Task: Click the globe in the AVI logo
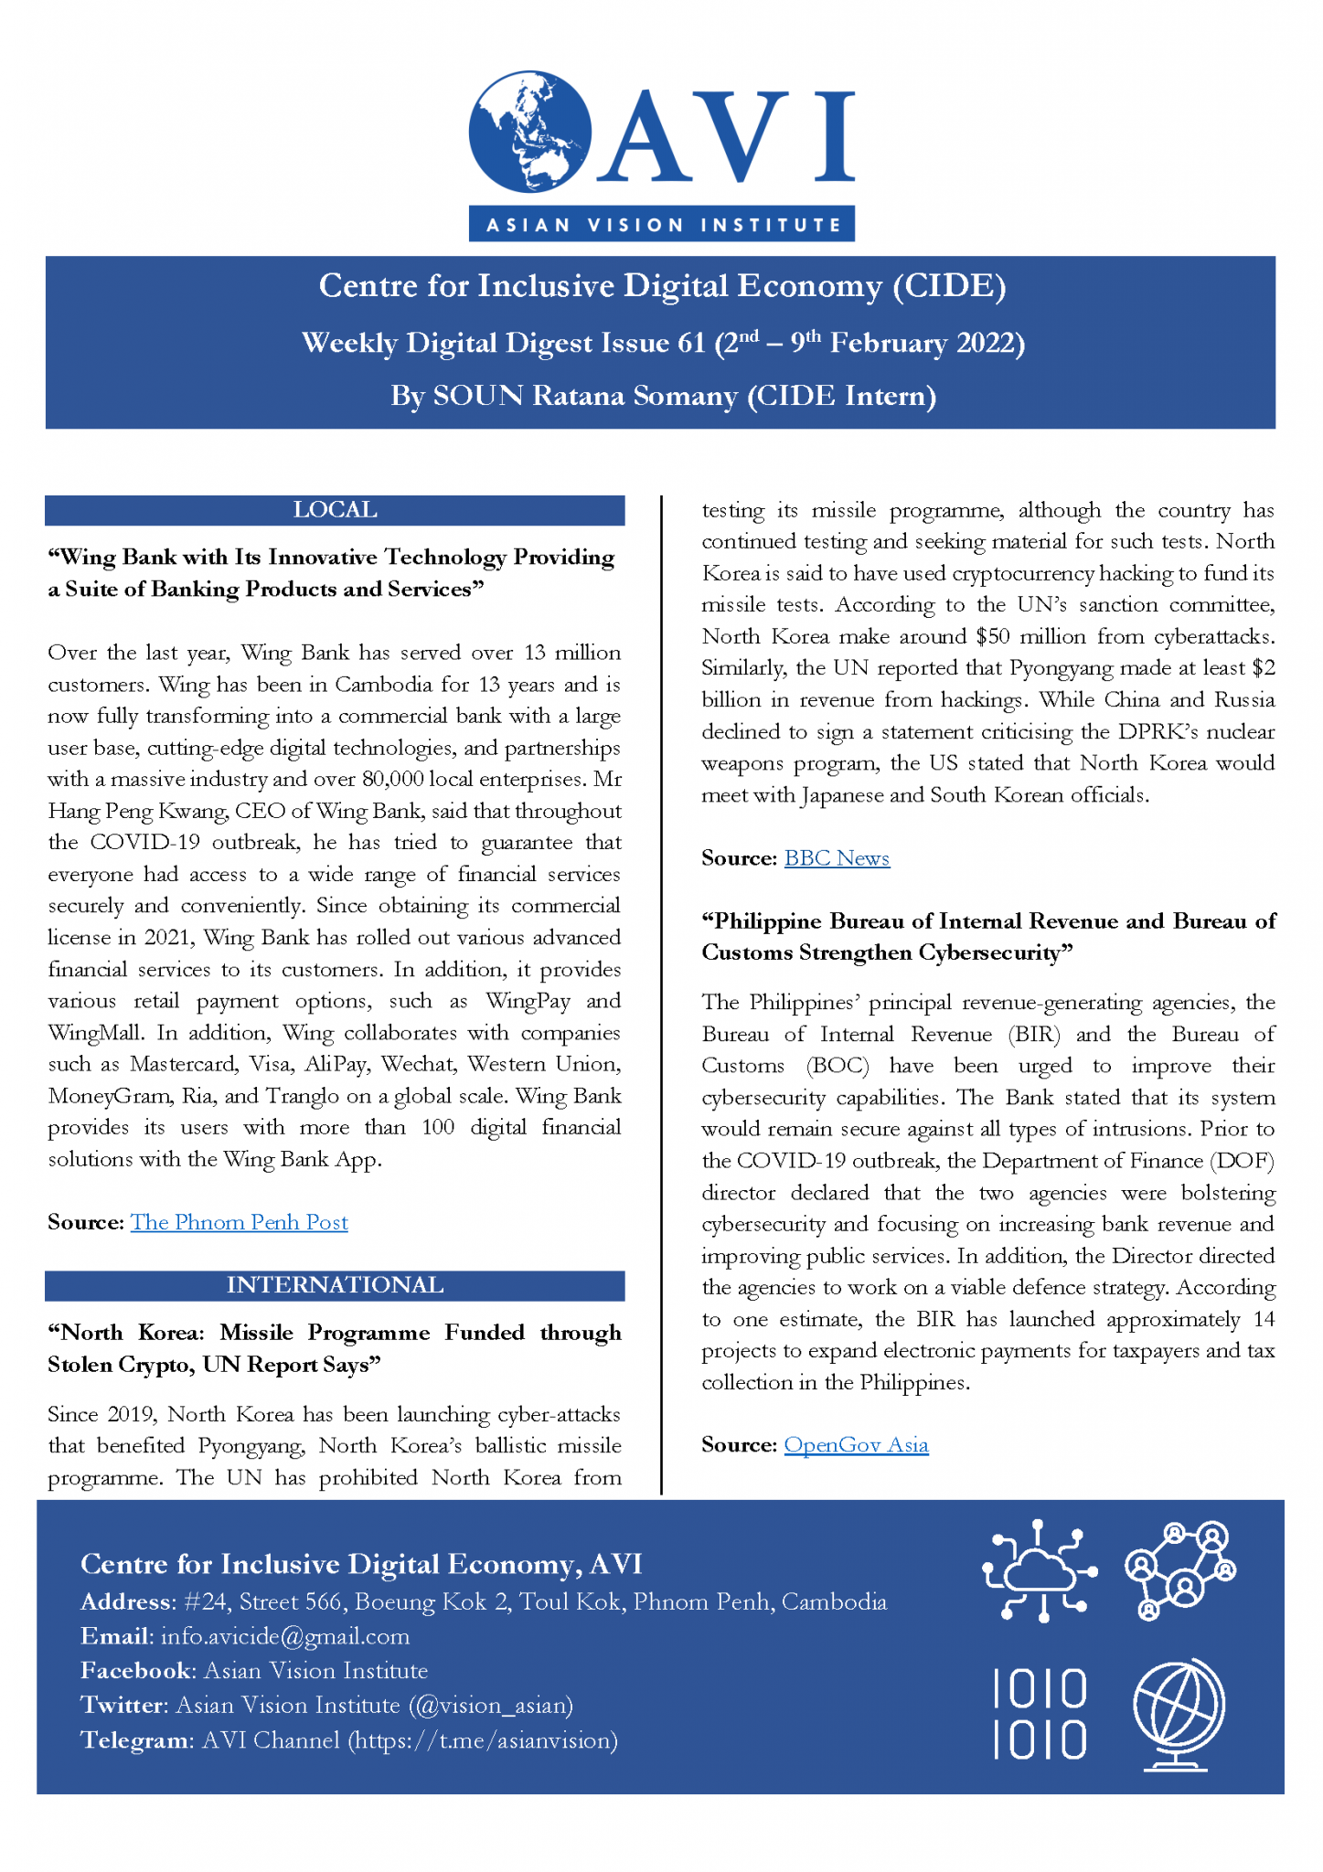click(x=529, y=133)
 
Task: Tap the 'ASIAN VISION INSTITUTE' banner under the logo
click(x=662, y=225)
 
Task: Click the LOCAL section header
click(x=335, y=510)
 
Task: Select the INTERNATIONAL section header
click(x=335, y=1285)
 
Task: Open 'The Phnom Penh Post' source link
click(x=239, y=1223)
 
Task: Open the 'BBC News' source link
click(x=837, y=858)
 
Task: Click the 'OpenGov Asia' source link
click(x=856, y=1445)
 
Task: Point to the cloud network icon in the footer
click(x=1040, y=1570)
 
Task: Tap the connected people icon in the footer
click(x=1180, y=1570)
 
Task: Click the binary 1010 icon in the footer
click(x=1040, y=1714)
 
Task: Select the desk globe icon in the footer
click(x=1179, y=1714)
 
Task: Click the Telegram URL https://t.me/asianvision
click(x=483, y=1740)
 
